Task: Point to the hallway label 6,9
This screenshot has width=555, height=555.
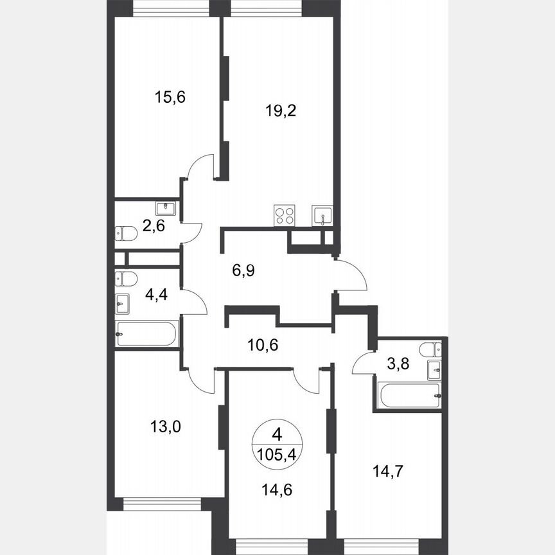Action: (243, 270)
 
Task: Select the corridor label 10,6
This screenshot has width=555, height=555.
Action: (263, 345)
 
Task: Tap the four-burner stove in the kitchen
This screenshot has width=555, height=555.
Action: (285, 215)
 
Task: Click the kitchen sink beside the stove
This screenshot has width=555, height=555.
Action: (321, 215)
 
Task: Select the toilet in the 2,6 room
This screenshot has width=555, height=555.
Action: (125, 234)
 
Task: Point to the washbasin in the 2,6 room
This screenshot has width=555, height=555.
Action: (166, 208)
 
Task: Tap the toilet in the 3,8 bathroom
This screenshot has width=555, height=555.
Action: (429, 349)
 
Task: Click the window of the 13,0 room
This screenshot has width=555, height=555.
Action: (162, 504)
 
